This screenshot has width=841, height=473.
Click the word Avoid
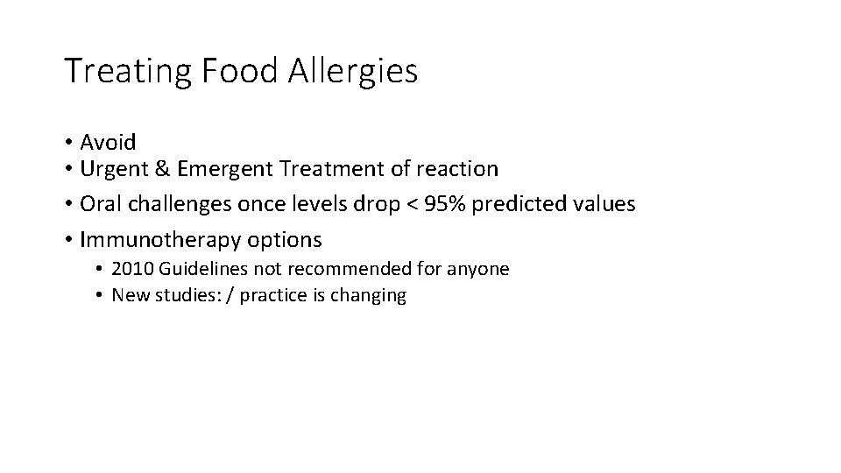point(108,142)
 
